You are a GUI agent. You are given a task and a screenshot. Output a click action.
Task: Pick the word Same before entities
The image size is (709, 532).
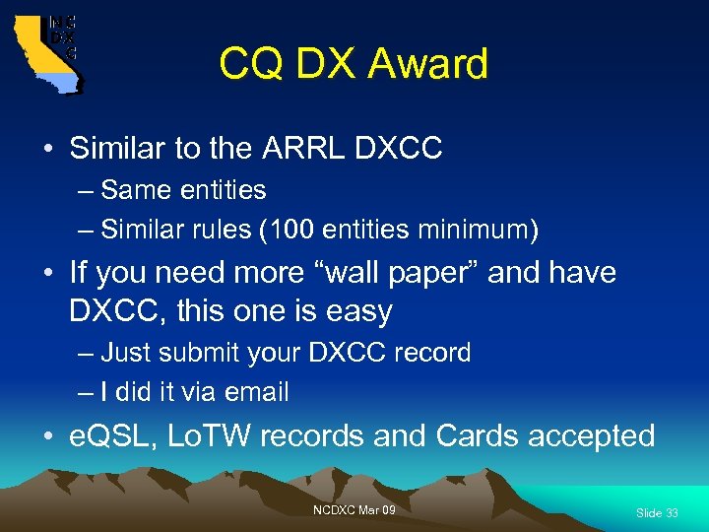pyautogui.click(x=133, y=189)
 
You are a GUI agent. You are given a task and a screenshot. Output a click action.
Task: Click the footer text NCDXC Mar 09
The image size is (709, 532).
pyautogui.click(x=354, y=509)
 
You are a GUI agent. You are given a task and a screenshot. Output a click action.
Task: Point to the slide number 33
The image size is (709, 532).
pyautogui.click(x=672, y=513)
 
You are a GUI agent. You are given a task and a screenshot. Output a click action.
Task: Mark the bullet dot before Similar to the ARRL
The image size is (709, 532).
pyautogui.click(x=47, y=150)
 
